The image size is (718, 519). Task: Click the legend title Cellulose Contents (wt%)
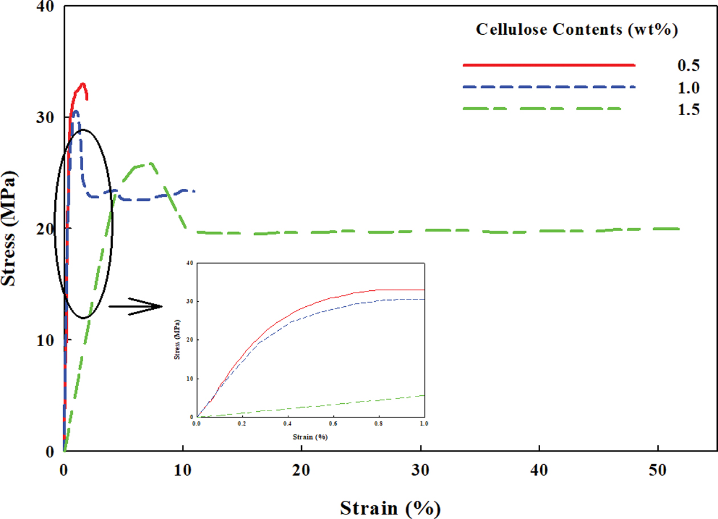pos(577,30)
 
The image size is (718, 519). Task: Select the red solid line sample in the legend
pos(548,66)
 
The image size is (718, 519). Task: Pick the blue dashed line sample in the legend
pos(548,87)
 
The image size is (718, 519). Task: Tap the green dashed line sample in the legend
pos(541,108)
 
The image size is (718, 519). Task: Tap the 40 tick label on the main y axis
pos(45,7)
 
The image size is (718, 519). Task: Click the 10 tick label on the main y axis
pos(45,340)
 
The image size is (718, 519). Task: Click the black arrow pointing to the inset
pos(137,306)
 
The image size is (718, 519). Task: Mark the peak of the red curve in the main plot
pos(83,84)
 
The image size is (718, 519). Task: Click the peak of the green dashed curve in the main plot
pos(150,164)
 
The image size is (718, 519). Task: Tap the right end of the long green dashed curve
pos(679,229)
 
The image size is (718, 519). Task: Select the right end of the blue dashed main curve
pos(195,191)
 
